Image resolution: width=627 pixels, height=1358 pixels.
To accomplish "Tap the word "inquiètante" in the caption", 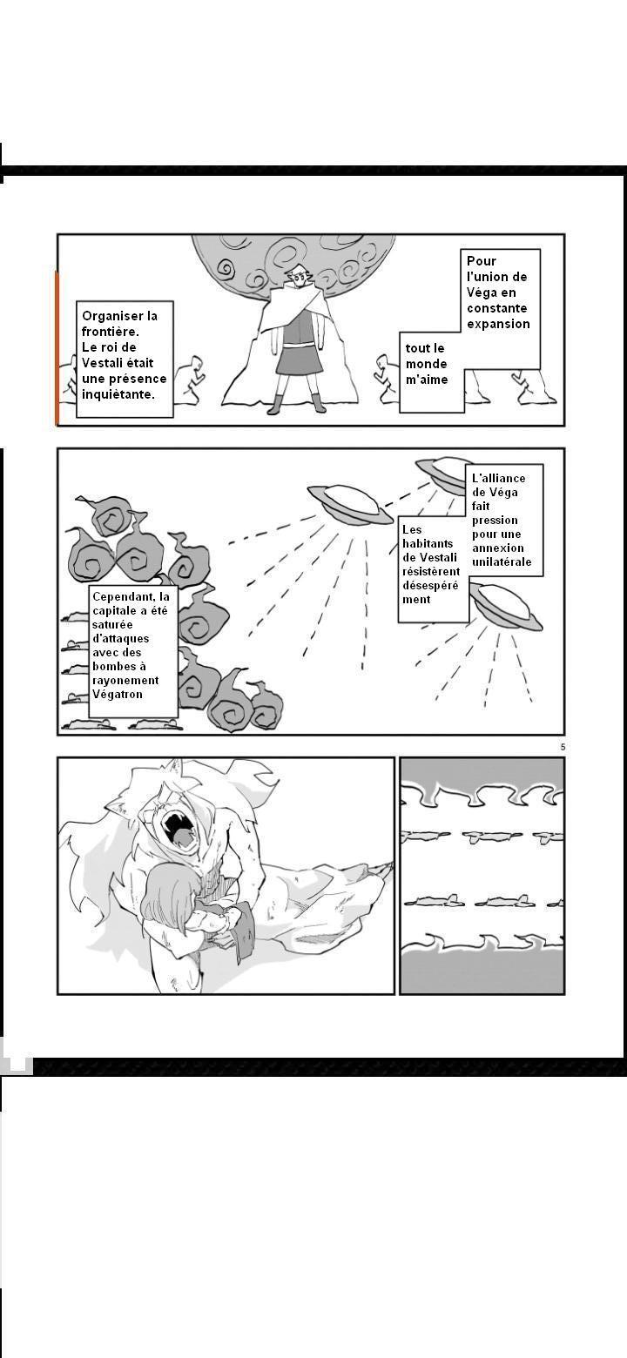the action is [118, 394].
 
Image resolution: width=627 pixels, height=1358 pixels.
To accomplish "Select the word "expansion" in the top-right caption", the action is [498, 325].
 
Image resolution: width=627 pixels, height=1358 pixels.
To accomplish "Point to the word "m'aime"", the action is [427, 380].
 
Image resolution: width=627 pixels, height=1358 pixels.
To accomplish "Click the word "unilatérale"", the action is [502, 562].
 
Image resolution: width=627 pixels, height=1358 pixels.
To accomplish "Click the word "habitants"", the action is [428, 544].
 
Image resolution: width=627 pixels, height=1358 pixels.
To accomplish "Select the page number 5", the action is [563, 747].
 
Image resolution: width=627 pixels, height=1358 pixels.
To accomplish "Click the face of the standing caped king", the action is [298, 279].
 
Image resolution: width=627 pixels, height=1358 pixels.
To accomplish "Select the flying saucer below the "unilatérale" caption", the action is [506, 607].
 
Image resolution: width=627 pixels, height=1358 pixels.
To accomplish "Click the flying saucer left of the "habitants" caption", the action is [350, 504].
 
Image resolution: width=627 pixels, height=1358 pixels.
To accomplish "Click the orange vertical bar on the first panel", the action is [57, 347].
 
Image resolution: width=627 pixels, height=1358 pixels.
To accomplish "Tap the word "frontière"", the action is [111, 333].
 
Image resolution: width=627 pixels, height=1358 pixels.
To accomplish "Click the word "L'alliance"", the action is [498, 478].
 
